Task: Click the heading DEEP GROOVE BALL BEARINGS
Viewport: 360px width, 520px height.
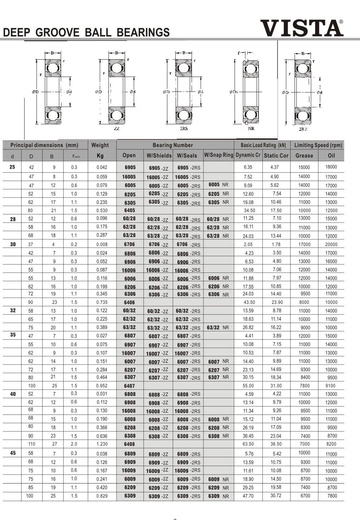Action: [x=86, y=33]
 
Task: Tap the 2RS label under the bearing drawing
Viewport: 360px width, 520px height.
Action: [x=184, y=129]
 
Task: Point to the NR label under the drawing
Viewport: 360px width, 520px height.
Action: [x=251, y=129]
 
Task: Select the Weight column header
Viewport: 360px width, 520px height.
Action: [x=100, y=145]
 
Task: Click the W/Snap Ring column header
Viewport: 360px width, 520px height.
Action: [x=219, y=155]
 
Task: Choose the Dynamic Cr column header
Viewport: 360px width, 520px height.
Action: [x=248, y=155]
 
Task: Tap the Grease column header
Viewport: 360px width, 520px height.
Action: [x=304, y=155]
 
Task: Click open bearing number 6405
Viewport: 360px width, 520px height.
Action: [x=129, y=210]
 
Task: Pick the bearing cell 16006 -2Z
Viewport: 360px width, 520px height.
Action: [x=157, y=270]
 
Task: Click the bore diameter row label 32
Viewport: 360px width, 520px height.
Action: [x=13, y=310]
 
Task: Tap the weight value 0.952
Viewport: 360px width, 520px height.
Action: [x=102, y=386]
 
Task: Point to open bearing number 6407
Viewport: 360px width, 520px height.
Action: [x=129, y=386]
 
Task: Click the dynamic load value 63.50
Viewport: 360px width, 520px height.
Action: [x=248, y=444]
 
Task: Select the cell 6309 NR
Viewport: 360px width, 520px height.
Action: [x=218, y=496]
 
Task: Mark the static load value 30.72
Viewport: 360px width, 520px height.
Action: [x=276, y=495]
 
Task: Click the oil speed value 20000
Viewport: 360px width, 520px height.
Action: [x=331, y=244]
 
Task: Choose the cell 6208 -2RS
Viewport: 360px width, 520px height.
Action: [x=188, y=428]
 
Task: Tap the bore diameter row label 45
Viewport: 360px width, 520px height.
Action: [x=13, y=453]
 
